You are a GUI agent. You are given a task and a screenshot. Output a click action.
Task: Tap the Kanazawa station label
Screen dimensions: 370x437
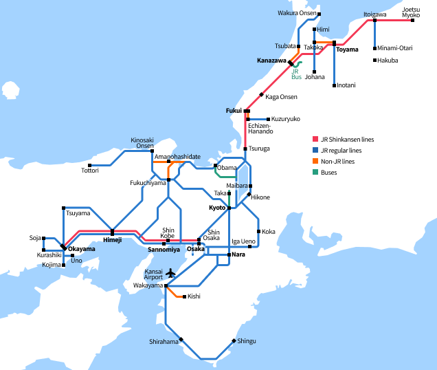(x=271, y=61)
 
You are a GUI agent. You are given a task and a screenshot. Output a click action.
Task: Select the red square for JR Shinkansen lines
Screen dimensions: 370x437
(x=315, y=139)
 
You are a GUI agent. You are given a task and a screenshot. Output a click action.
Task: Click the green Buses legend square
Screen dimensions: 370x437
(x=315, y=172)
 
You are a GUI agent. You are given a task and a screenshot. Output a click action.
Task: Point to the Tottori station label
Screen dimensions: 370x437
(x=90, y=170)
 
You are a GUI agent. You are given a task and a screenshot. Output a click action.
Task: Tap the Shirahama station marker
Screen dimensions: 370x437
(x=181, y=338)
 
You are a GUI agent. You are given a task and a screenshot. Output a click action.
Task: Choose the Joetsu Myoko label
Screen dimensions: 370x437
(x=412, y=12)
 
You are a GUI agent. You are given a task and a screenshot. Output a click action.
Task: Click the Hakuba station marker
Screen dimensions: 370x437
(x=375, y=61)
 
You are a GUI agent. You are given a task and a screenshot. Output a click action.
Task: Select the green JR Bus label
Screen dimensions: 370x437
(x=296, y=74)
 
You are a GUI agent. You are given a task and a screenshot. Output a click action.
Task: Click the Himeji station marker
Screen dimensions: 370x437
(x=112, y=232)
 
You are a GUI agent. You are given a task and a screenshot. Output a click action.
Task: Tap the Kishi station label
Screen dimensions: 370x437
(x=194, y=296)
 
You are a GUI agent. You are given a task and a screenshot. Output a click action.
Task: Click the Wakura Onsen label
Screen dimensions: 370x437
(x=297, y=13)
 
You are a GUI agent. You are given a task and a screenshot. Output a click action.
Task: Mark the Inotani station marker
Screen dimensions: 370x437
(x=335, y=85)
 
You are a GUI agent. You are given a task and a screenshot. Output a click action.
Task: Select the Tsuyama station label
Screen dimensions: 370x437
(x=78, y=214)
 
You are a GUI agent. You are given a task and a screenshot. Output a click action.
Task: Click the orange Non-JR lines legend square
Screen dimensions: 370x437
(x=315, y=161)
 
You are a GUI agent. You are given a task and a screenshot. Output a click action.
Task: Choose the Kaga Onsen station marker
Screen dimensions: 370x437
(x=262, y=94)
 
